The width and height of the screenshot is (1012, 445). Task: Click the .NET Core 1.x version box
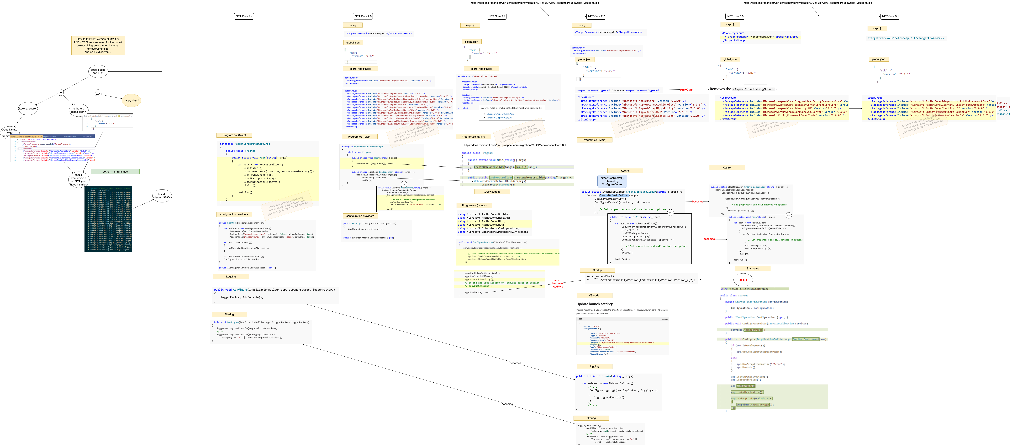click(x=244, y=16)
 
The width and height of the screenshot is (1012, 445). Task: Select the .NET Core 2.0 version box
click(x=363, y=16)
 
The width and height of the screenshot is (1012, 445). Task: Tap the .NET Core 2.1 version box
click(x=497, y=16)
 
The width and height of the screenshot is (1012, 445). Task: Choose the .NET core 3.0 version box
click(x=735, y=16)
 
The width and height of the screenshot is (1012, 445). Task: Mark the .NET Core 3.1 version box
click(x=890, y=16)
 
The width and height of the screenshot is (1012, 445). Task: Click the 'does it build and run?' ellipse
click(x=98, y=71)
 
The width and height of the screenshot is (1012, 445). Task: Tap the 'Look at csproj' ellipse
click(x=28, y=109)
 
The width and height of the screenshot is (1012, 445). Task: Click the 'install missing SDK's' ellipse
click(x=162, y=196)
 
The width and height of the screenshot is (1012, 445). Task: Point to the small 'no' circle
click(x=60, y=92)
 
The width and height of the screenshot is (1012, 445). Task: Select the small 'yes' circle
click(x=98, y=94)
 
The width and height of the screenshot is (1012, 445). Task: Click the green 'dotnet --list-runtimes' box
click(x=115, y=171)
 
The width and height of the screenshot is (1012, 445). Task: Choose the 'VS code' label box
click(x=594, y=295)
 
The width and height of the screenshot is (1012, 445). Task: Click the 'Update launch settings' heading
click(x=595, y=304)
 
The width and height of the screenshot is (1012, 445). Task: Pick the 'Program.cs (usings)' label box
click(x=474, y=205)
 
